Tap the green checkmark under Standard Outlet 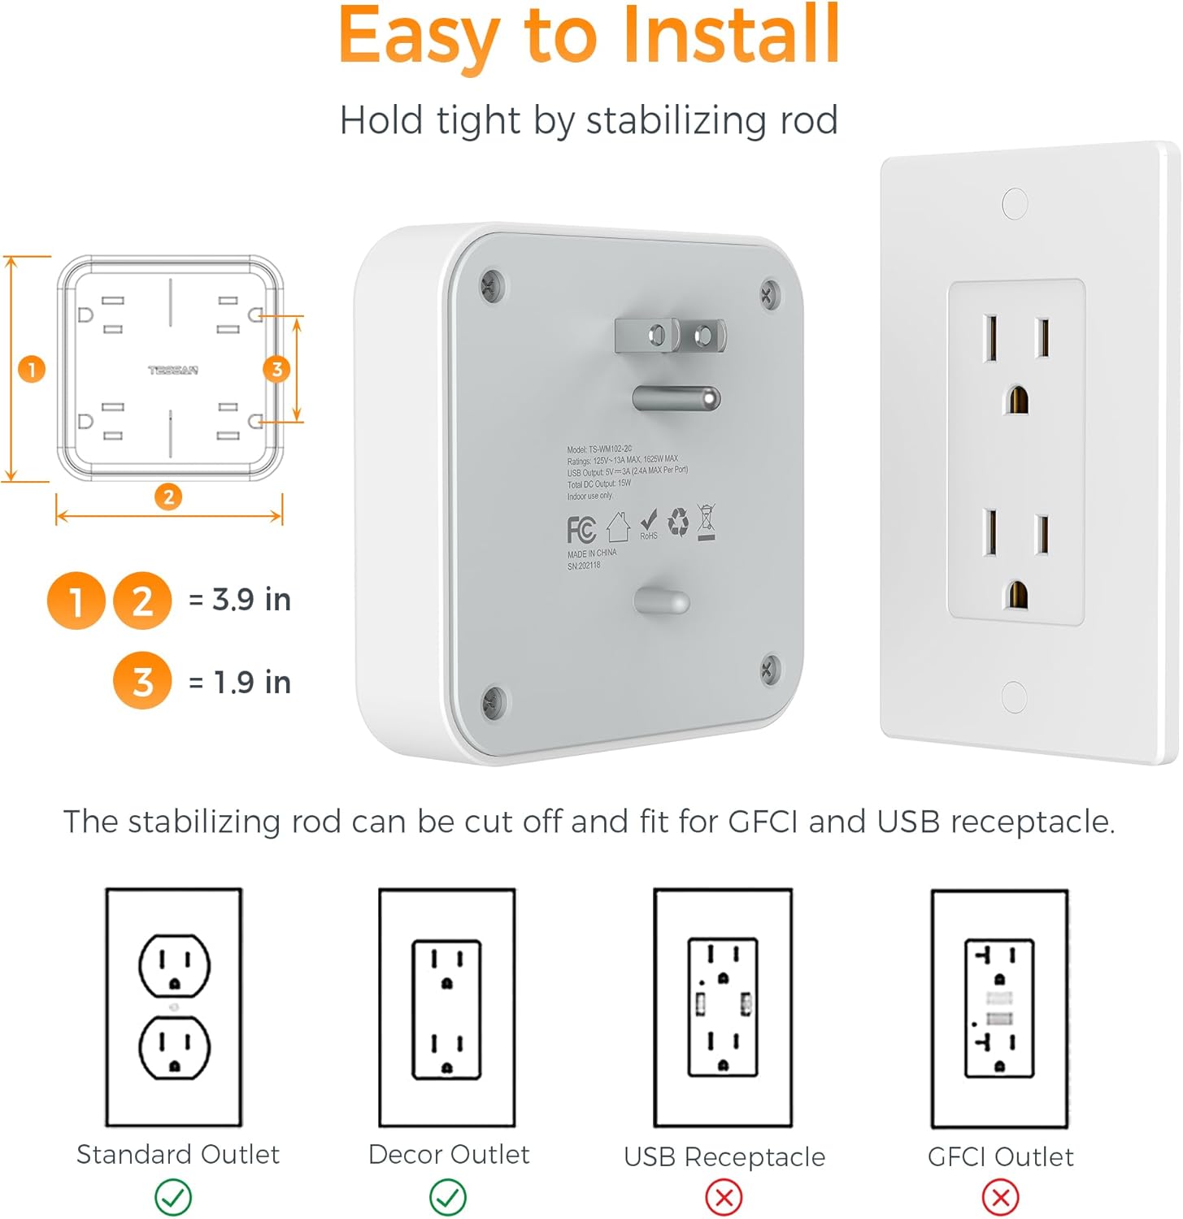(x=173, y=1197)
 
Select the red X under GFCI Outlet (x=1000, y=1197)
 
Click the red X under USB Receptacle (x=724, y=1197)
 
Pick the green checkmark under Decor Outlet (x=448, y=1197)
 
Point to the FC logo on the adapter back (x=581, y=530)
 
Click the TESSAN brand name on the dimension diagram (x=172, y=371)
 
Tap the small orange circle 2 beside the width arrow (x=168, y=497)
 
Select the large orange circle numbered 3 (x=142, y=681)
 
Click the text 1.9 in (x=252, y=683)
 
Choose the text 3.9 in (x=251, y=600)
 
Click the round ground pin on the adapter (x=676, y=398)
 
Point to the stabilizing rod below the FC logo (x=662, y=601)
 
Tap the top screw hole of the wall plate (x=1015, y=203)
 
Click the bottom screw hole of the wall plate (x=1014, y=696)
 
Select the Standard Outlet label (x=177, y=1154)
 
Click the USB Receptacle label (x=724, y=1156)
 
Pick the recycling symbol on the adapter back (x=678, y=523)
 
